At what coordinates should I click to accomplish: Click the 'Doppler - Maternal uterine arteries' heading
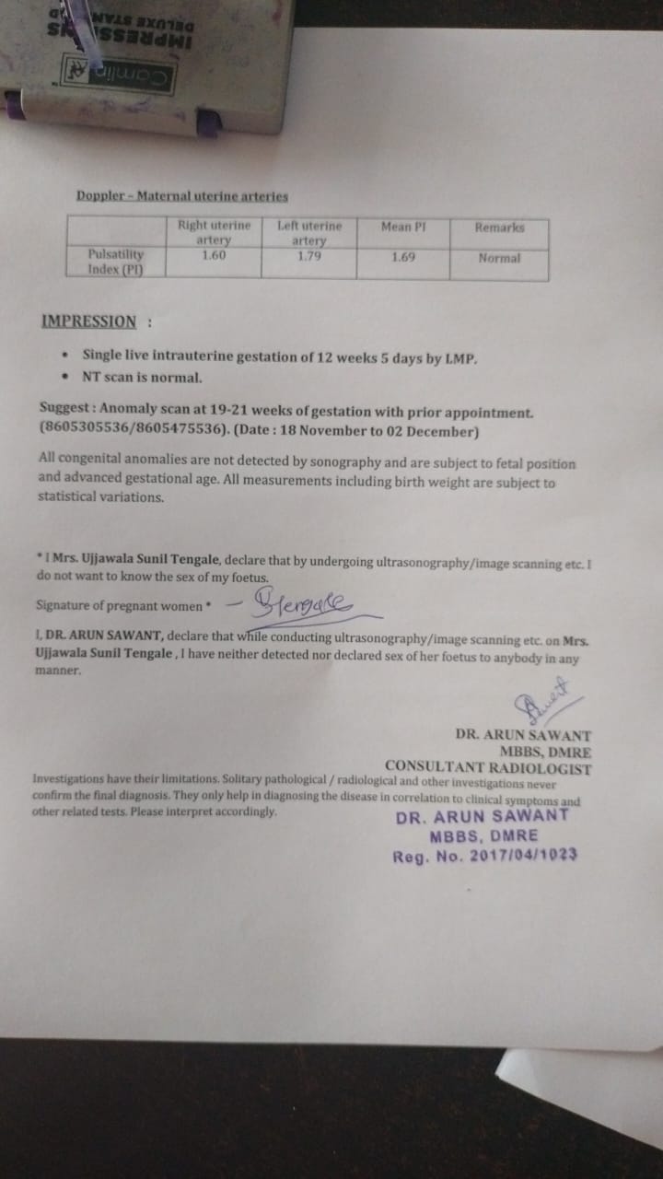coord(182,196)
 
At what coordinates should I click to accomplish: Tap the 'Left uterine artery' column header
coord(309,233)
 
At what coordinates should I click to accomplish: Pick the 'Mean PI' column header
coord(402,227)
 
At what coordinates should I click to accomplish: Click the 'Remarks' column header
coord(499,227)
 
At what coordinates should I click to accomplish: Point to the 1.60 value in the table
coord(213,256)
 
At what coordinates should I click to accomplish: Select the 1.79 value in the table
coord(309,256)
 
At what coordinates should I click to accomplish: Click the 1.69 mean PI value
coord(402,257)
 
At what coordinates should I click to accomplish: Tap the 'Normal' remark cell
coord(499,259)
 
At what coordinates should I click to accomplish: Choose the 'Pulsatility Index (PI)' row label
coord(115,262)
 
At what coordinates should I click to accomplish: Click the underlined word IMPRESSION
coord(89,321)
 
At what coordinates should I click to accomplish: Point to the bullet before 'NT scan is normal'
coord(64,377)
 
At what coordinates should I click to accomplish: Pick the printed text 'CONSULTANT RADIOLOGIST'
coord(488,767)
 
